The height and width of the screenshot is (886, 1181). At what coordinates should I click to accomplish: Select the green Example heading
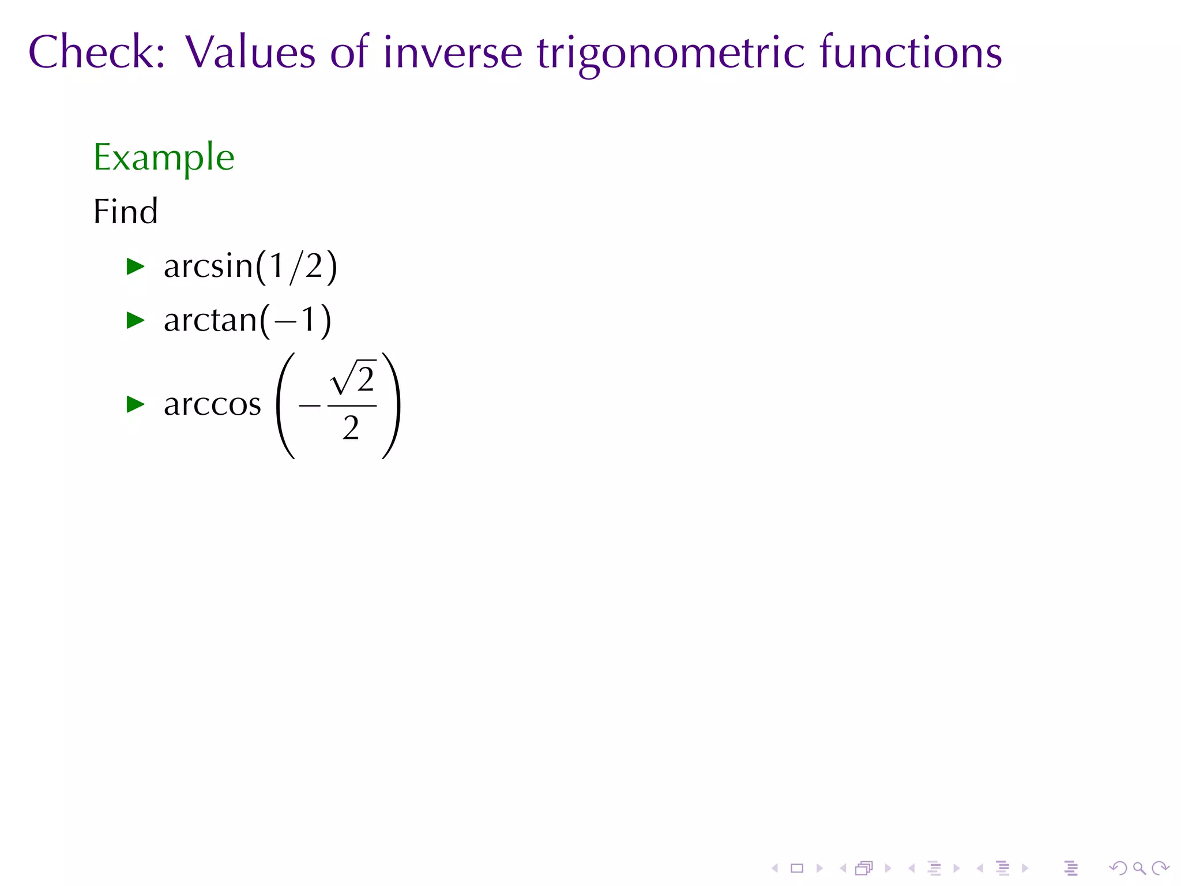164,157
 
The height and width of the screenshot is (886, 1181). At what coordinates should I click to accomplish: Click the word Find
125,211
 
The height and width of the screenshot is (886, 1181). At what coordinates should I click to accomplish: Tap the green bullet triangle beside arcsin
136,266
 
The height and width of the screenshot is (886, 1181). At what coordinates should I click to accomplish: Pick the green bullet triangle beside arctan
136,320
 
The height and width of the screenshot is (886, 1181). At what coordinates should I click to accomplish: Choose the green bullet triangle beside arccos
136,404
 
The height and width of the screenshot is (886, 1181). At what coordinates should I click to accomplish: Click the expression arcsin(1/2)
250,266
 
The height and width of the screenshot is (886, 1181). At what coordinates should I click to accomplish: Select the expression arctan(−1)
247,320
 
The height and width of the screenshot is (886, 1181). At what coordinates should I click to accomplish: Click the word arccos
212,404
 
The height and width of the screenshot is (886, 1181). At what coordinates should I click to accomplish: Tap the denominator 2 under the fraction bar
351,429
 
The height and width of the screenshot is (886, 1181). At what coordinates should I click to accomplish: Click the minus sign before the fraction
310,406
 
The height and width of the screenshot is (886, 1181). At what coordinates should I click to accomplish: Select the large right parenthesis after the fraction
392,406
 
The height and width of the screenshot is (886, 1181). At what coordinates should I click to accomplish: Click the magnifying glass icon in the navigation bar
1139,868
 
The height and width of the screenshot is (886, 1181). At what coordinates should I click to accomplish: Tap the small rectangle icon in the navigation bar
797,868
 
